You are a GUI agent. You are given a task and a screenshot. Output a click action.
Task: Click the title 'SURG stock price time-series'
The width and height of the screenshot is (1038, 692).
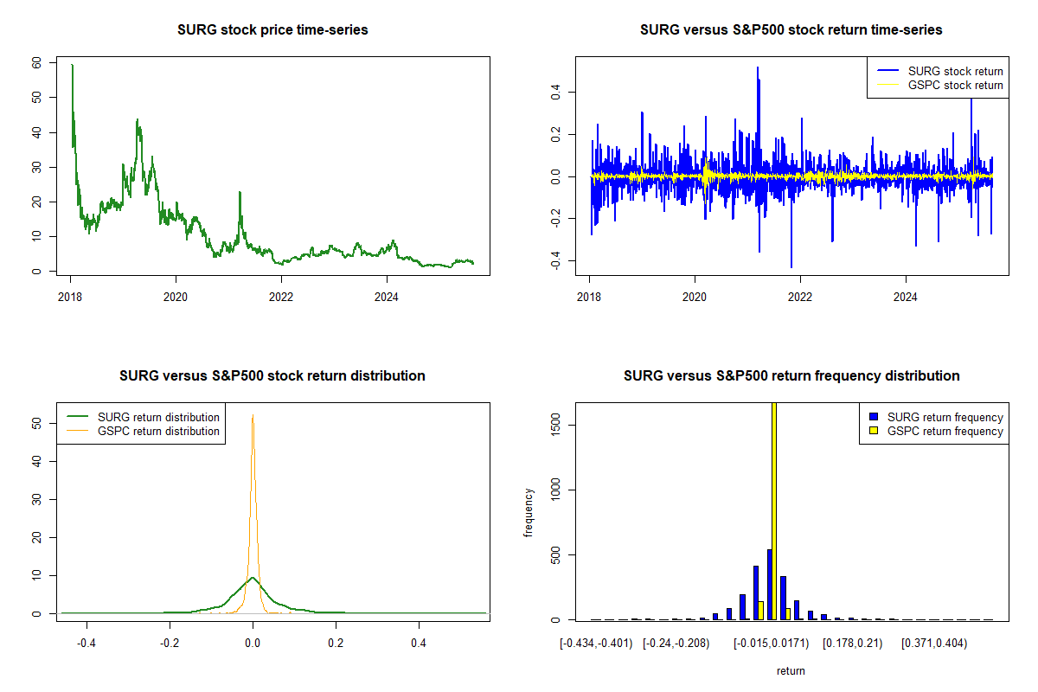(272, 30)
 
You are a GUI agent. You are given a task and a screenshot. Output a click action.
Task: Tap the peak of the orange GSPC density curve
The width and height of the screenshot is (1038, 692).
(253, 415)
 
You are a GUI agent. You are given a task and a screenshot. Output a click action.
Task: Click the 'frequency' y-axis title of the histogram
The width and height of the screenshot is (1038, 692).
(529, 512)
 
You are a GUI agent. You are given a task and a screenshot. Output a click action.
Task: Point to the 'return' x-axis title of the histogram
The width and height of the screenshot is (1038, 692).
(791, 670)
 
